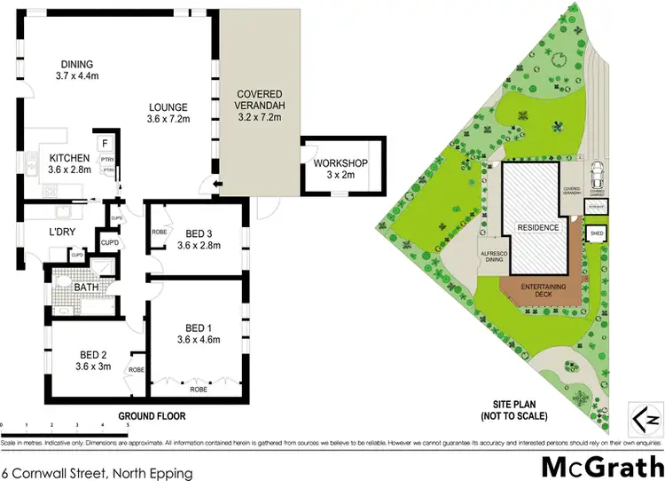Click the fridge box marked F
[x=105, y=142]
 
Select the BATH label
[x=85, y=288]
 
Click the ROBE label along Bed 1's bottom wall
[x=197, y=389]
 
